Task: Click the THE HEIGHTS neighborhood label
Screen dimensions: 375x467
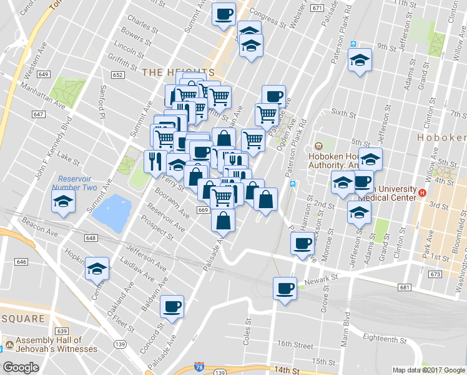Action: click(178, 72)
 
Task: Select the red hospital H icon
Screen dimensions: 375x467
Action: click(423, 193)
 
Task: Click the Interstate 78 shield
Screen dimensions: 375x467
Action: click(199, 366)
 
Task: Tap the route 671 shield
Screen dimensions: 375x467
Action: click(317, 8)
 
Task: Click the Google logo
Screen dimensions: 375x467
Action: click(21, 367)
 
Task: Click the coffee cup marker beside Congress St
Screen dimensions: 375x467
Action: click(224, 14)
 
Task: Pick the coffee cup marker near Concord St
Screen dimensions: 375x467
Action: click(172, 307)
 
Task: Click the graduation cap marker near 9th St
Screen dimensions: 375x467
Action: click(359, 61)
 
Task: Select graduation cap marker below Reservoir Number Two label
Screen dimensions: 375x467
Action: click(64, 201)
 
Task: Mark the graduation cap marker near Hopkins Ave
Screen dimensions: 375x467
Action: click(97, 269)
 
